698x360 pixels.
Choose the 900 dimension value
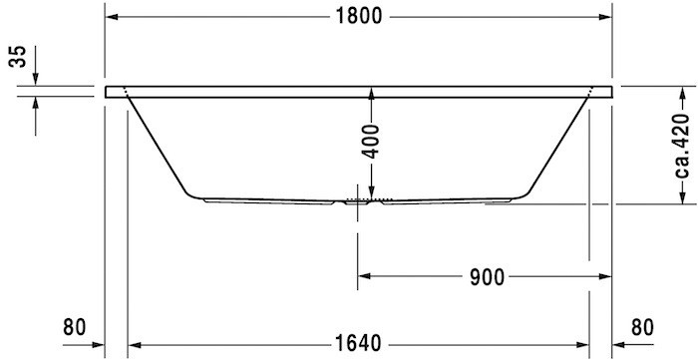click(x=485, y=275)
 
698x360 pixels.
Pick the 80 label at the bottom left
click(x=74, y=326)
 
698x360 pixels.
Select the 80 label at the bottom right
click(x=644, y=326)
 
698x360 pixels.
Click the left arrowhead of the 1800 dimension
click(x=113, y=17)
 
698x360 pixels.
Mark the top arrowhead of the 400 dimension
click(x=371, y=94)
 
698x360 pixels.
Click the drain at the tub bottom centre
click(x=358, y=199)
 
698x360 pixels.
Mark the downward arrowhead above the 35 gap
click(x=36, y=79)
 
